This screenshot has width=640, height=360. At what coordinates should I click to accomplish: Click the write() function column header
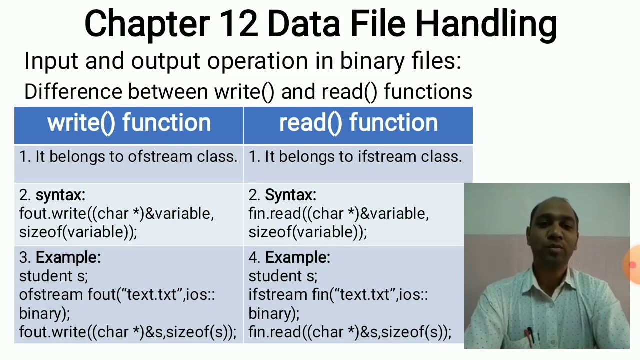(x=129, y=123)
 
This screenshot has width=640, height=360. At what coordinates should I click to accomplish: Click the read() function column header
(x=358, y=123)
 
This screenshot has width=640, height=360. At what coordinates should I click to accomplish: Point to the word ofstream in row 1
(x=160, y=156)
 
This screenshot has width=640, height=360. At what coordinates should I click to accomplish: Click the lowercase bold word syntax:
(x=60, y=195)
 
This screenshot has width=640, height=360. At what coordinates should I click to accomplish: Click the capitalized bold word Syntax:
(x=290, y=195)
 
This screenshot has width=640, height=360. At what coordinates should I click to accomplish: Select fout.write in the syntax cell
(x=52, y=214)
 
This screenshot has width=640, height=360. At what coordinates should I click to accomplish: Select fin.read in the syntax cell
(x=275, y=214)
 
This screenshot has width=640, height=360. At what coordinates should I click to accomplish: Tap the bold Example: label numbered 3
(x=68, y=257)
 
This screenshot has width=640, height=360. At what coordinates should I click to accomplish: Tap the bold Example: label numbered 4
(x=297, y=257)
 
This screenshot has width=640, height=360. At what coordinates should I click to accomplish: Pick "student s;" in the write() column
(x=53, y=276)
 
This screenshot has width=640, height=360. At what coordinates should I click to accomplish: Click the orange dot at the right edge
(x=633, y=265)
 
